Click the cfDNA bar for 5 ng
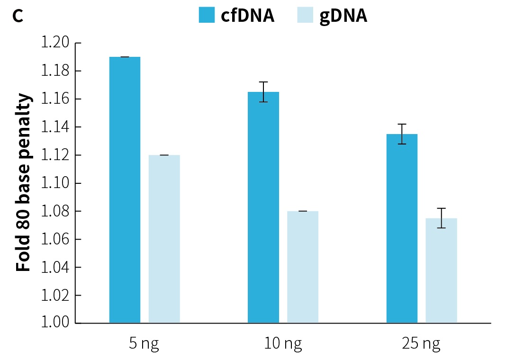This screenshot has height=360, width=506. pos(125,189)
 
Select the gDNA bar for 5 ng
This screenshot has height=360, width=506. pos(164,239)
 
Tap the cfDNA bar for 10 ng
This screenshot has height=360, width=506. pos(263,207)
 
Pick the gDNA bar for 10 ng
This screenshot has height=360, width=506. pos(302,267)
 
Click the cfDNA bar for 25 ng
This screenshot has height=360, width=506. pos(402,228)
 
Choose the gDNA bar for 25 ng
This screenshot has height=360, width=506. pos(441,270)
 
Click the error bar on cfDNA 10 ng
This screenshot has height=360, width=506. pos(263,92)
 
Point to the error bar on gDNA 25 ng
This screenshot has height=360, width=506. pos(441,218)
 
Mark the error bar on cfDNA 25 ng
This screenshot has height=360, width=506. pos(402,134)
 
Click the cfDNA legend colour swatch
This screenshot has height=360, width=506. pos(207,15)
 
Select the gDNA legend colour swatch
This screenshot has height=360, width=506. pos(306,15)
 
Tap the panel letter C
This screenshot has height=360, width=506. pos(18,16)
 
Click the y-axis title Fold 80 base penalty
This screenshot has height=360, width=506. pos(24,183)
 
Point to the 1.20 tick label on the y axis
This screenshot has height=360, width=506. pos(54,43)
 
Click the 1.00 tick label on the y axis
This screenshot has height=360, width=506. pos(54,323)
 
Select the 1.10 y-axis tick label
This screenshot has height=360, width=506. pos(54,183)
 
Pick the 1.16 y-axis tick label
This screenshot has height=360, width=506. pos(54,99)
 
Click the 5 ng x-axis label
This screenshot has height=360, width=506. pos(144,344)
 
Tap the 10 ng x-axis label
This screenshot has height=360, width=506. pos(283,344)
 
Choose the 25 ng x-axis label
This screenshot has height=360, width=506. pos(421,344)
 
